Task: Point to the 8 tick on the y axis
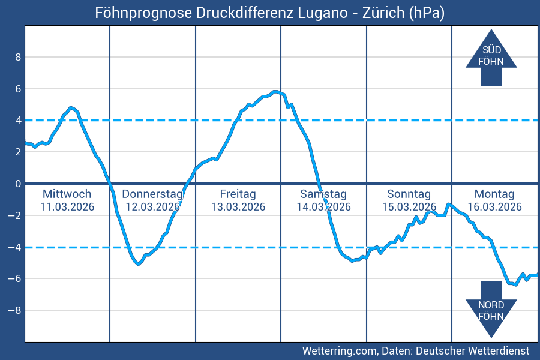click(x=18, y=57)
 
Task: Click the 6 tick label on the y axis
click(x=18, y=89)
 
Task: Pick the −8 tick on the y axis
click(x=16, y=310)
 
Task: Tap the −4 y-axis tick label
click(x=16, y=247)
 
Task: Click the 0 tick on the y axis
click(x=18, y=184)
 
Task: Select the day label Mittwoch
click(x=67, y=194)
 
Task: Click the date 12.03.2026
click(x=152, y=207)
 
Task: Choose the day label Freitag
click(x=238, y=194)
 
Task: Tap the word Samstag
click(x=323, y=194)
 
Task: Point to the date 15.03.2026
click(x=409, y=207)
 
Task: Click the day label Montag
click(x=494, y=194)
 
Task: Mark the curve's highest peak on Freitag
click(x=275, y=92)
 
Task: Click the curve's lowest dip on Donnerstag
click(x=139, y=263)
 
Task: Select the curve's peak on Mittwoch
click(x=71, y=107)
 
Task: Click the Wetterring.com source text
click(x=338, y=350)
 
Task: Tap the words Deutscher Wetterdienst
click(x=472, y=350)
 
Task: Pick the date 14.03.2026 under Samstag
click(x=323, y=207)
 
